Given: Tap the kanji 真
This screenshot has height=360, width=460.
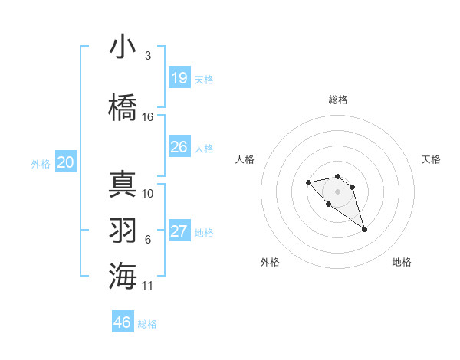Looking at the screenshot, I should point(123,185).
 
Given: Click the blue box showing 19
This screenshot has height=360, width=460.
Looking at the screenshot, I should point(179,78).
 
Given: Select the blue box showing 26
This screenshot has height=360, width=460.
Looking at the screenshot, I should point(179,147).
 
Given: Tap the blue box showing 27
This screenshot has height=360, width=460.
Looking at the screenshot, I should point(179,231).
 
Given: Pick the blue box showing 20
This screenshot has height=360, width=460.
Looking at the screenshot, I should point(66,162).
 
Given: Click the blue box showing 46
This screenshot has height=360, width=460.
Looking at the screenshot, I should point(123,322).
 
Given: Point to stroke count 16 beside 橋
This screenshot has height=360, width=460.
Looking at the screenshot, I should point(148,117).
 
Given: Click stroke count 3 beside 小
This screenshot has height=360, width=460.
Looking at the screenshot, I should point(148,56).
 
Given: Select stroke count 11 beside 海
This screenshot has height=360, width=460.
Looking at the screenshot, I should point(148,286).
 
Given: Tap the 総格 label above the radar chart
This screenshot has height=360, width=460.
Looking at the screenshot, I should point(338,100).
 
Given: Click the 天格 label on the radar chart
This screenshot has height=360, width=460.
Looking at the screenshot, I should point(432,159).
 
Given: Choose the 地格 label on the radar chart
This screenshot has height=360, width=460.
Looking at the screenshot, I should point(402,262).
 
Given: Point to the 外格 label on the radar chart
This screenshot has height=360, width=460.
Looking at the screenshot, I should point(270,262).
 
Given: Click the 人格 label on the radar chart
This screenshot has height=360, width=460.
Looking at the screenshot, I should point(245,159).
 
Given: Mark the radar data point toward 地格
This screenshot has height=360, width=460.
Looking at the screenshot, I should point(364,229).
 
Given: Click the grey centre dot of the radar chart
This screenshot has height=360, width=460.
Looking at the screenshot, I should point(337,191).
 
